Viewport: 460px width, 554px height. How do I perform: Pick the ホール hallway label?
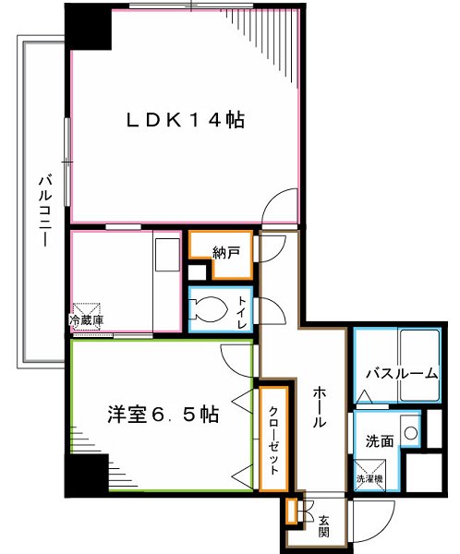(316, 406)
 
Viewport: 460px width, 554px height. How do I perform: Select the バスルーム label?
(400, 374)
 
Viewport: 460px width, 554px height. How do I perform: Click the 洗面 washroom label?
(380, 441)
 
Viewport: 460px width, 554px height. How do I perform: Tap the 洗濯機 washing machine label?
(370, 478)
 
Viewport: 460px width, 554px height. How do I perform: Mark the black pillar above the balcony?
(89, 27)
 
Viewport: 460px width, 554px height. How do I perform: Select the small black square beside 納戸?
(196, 272)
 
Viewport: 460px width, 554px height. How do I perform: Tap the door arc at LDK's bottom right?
(277, 206)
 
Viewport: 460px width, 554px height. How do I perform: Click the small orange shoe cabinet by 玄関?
(292, 511)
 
